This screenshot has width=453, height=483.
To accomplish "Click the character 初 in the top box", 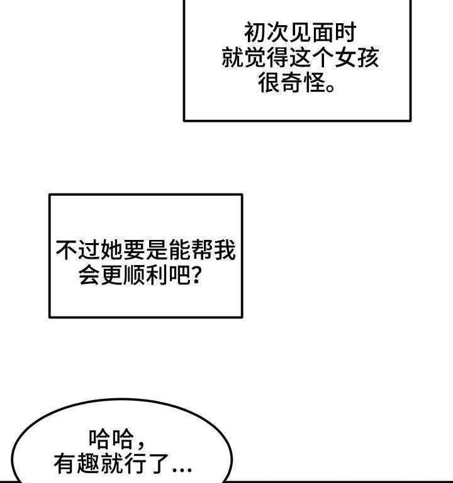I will pos(255,33).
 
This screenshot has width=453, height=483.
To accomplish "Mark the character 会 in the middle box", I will pos(90,276).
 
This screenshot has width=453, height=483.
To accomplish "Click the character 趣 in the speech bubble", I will pos(88,464).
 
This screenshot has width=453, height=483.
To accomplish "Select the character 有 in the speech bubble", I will pos(65,464).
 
